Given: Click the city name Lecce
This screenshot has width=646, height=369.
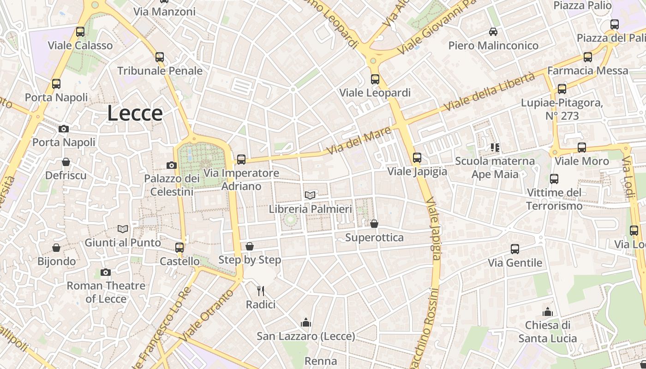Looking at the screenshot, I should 135,113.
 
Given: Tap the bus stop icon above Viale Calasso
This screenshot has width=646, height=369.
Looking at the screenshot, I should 80,32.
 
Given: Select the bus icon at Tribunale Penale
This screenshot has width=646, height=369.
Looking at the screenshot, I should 160,57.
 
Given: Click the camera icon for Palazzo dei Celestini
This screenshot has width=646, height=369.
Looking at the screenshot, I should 172,165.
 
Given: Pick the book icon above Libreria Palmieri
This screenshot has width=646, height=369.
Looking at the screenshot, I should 310,196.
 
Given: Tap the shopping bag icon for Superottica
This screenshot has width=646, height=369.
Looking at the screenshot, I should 374,224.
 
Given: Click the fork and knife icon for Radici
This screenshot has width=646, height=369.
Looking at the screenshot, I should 261,291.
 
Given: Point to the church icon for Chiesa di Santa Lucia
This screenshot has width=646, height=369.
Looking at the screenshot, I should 548,312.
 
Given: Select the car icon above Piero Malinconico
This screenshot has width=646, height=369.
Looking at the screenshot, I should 493,32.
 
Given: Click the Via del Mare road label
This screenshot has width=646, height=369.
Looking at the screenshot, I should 359,141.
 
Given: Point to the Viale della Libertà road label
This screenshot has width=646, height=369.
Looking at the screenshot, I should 489,92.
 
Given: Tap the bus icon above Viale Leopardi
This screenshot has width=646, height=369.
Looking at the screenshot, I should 375,79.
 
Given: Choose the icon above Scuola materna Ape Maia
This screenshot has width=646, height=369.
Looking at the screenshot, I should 495,148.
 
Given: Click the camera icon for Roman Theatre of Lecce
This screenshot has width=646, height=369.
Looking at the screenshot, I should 106,272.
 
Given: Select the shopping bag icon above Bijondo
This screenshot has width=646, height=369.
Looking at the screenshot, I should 56,248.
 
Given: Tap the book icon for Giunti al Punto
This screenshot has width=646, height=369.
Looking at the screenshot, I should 123,229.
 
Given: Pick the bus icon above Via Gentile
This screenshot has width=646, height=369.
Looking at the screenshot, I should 515,249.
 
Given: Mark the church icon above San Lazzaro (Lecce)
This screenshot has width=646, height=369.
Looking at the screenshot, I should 305,322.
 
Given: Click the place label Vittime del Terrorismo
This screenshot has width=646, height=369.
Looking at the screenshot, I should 554,199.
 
